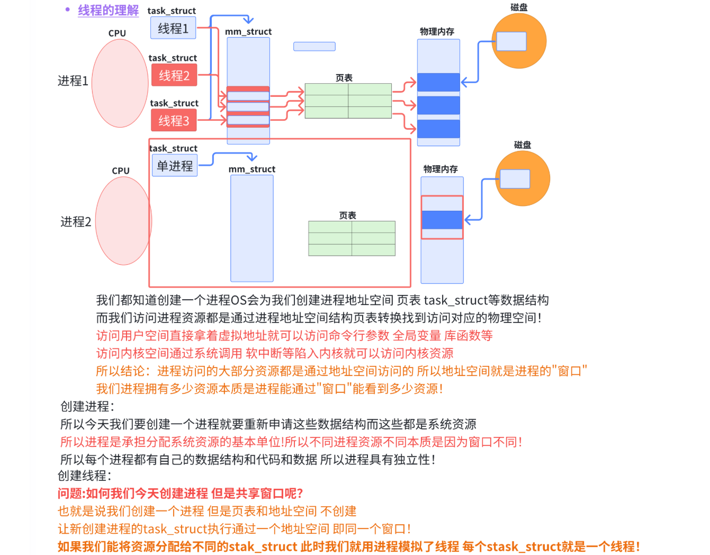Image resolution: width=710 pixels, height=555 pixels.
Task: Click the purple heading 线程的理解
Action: (x=108, y=10)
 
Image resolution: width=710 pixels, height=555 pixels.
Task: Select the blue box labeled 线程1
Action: (x=173, y=28)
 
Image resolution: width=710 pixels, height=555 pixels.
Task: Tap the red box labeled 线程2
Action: (x=174, y=75)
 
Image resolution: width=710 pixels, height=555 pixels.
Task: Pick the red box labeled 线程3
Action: (x=174, y=121)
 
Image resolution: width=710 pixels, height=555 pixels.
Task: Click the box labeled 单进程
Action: (x=175, y=166)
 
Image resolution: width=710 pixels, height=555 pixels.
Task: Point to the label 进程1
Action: (x=73, y=81)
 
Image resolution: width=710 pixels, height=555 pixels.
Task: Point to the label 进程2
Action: (x=76, y=222)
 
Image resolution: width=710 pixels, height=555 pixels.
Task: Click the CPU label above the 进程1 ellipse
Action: (x=117, y=33)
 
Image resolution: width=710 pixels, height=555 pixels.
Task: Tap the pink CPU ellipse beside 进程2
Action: (x=123, y=221)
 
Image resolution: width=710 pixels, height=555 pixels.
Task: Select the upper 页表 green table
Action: (x=348, y=101)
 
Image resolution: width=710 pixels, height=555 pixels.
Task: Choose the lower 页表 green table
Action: (x=352, y=238)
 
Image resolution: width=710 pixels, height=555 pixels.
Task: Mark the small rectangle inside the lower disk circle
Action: (x=515, y=179)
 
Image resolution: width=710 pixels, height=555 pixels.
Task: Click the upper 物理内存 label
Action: (x=437, y=32)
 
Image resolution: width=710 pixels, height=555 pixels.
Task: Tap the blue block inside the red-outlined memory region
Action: (x=442, y=220)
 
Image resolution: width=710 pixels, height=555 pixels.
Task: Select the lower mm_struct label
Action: (x=251, y=169)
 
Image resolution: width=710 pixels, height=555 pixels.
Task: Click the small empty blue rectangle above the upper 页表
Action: (x=314, y=47)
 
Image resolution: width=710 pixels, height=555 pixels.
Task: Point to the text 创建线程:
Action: (x=84, y=476)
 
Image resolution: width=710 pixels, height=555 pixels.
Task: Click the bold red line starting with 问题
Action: (x=180, y=494)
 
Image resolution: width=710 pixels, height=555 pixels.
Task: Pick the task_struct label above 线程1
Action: (x=172, y=11)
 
